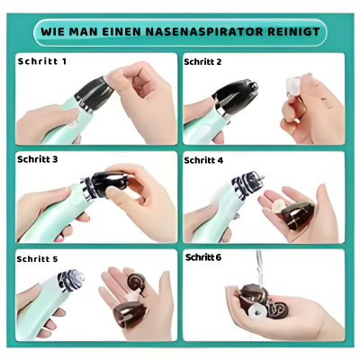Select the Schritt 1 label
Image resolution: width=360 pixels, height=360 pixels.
coord(42,62)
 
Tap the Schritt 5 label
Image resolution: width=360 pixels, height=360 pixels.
coord(37,258)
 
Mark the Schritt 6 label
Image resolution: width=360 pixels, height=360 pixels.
coord(203,256)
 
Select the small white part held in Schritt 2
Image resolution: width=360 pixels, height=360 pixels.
coord(290,89)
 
